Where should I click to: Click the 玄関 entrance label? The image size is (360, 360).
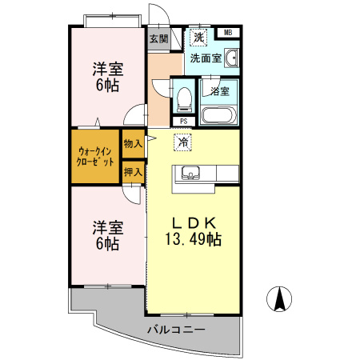click(159, 39)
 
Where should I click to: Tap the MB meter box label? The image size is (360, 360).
click(228, 33)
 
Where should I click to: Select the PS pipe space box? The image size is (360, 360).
click(184, 122)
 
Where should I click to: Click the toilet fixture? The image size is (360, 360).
click(184, 99)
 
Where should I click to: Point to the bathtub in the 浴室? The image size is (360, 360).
click(218, 115)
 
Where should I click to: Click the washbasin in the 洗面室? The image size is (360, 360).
click(231, 58)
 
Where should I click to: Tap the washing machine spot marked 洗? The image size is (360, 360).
click(198, 37)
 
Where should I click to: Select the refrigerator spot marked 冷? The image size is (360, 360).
click(182, 142)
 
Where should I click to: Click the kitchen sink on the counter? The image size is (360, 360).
click(190, 173)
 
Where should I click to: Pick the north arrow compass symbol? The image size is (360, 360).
click(279, 298)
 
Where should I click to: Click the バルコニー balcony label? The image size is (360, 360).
click(176, 330)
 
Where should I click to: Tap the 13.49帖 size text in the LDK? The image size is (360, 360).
click(194, 239)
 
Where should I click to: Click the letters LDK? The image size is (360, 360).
click(194, 223)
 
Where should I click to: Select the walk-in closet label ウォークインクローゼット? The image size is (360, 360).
click(95, 157)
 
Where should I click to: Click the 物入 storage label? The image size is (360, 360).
click(133, 144)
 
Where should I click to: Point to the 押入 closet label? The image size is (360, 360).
click(133, 172)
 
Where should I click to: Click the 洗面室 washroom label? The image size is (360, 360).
click(206, 58)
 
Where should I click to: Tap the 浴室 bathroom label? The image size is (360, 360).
click(220, 91)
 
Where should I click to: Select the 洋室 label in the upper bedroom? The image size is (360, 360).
click(108, 69)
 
